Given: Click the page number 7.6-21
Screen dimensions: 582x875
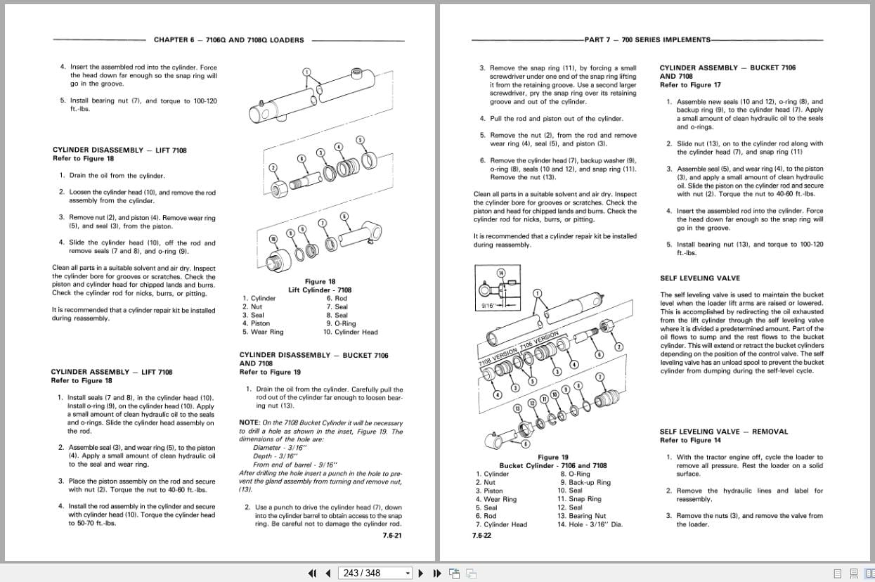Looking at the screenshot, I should coord(392,536).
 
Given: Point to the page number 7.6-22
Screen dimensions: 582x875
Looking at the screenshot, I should coord(481,536).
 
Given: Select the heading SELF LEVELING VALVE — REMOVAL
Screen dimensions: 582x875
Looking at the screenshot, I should coord(723,432).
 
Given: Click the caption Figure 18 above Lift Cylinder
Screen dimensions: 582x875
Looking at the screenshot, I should coord(320,281).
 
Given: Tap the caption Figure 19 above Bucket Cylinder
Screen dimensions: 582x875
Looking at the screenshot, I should coord(553,457).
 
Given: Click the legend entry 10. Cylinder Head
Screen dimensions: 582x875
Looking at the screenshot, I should coord(350,332).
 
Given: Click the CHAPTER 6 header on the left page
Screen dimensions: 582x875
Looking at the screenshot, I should coord(228,40).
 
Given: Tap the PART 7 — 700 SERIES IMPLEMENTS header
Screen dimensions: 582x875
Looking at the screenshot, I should coord(647,40).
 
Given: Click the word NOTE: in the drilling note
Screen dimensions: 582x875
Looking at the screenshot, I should coord(249,422).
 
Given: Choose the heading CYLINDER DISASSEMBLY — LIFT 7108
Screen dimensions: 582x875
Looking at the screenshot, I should coord(119,150).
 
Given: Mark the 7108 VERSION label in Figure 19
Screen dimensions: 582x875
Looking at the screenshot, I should coord(495,354).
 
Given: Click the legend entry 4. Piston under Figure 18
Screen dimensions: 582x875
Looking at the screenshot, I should coord(256,323).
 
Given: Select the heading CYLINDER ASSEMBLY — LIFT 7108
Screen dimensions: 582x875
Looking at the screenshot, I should coord(111,372).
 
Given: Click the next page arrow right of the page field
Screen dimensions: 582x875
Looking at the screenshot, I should coord(421,573).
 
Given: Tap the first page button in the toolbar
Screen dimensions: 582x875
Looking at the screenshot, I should coord(313,573).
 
